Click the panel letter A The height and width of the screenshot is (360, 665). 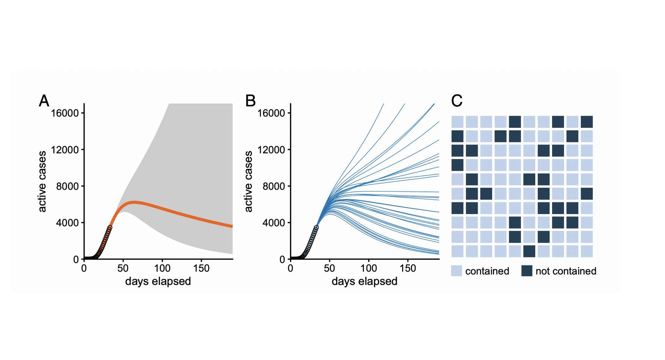tap(44, 101)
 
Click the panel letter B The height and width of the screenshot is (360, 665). tap(250, 101)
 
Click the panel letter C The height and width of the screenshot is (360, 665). tap(457, 101)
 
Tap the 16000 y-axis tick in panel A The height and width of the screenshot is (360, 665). tap(65, 113)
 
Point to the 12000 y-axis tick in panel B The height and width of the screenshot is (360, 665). tap(272, 150)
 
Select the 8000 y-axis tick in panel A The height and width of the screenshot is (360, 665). tap(68, 186)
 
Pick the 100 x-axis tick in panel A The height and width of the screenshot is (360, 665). tap(162, 268)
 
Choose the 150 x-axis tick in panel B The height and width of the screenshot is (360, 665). tap(408, 268)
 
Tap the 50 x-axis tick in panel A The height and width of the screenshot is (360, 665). tap(123, 268)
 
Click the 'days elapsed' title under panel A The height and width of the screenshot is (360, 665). tap(158, 281)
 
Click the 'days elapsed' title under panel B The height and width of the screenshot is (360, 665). tap(364, 281)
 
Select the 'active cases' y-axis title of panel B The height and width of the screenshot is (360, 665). tap(248, 181)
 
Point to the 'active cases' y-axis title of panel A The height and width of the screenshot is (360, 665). tap(42, 181)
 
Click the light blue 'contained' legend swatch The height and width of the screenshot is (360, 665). tap(456, 271)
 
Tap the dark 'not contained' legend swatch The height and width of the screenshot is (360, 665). tap(526, 271)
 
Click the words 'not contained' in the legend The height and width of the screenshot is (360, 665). tap(566, 271)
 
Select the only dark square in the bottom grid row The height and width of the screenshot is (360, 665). tap(529, 251)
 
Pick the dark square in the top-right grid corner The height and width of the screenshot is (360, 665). tap(587, 122)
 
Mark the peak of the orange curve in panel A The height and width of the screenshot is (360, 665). tap(134, 202)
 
